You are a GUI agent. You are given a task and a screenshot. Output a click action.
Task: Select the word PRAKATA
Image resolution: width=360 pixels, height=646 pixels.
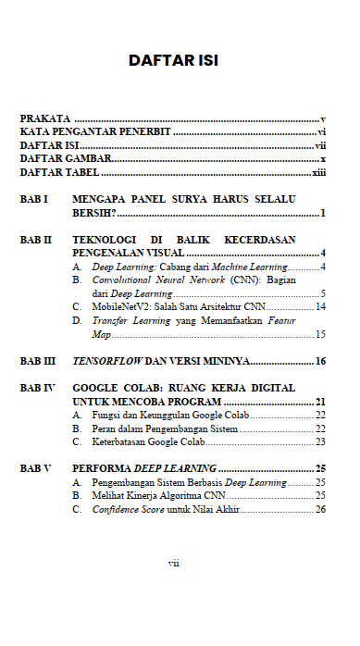pyautogui.click(x=45, y=120)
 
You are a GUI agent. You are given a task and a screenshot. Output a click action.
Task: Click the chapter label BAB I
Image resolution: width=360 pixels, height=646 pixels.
pyautogui.click(x=34, y=199)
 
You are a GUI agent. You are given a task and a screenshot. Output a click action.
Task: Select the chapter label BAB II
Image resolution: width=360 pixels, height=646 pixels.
pyautogui.click(x=36, y=239)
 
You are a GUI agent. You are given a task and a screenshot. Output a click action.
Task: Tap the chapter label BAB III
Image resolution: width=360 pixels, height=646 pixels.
pyautogui.click(x=38, y=359)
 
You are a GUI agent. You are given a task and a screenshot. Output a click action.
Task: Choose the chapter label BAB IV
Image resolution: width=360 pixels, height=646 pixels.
pyautogui.click(x=38, y=387)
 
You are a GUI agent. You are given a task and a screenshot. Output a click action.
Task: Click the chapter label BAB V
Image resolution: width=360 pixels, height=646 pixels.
pyautogui.click(x=36, y=468)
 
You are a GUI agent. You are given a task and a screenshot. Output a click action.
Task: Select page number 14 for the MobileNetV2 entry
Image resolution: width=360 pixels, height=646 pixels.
pyautogui.click(x=320, y=306)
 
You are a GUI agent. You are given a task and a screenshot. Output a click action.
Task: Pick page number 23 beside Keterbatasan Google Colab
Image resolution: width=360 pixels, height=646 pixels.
pyautogui.click(x=320, y=441)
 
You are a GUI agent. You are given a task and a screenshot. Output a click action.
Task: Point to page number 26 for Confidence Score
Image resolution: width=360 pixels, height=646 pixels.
pyautogui.click(x=320, y=509)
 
